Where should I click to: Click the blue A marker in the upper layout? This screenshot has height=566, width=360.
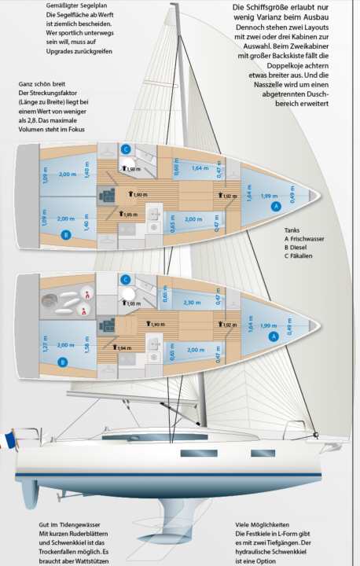pos(275,205)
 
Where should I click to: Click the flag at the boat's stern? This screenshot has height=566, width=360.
pos(9,438)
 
